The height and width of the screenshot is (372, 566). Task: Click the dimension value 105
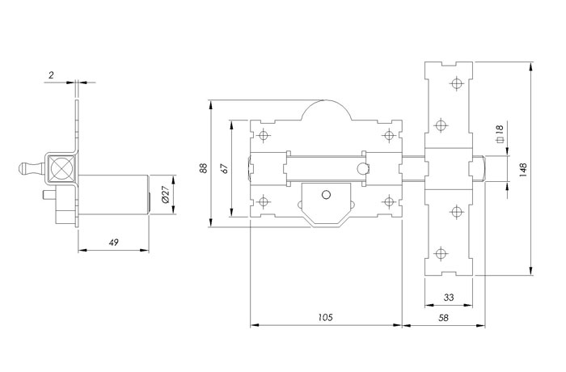(x=325, y=318)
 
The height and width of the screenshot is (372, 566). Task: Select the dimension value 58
(x=443, y=318)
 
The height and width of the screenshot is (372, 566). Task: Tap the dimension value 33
(x=449, y=298)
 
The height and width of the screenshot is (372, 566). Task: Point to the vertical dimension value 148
(x=522, y=169)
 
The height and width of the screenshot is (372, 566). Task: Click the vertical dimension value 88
(x=203, y=168)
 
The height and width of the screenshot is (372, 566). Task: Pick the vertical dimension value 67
(x=224, y=169)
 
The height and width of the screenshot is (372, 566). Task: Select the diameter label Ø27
(x=165, y=195)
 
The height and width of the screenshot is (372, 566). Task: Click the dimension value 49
(x=114, y=243)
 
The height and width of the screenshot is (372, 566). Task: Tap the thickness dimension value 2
(x=51, y=75)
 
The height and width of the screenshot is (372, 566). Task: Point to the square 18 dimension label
(x=500, y=133)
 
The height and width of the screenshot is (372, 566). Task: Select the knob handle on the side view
(x=31, y=168)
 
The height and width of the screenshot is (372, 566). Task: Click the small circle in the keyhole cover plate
(x=326, y=195)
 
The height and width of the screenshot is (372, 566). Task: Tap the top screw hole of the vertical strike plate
(x=457, y=84)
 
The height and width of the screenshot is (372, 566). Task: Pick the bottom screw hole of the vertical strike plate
(x=440, y=254)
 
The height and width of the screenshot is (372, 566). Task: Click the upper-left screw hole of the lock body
(x=264, y=136)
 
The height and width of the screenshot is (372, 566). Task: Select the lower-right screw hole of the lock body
(x=388, y=201)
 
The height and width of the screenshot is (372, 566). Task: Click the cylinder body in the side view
(x=113, y=195)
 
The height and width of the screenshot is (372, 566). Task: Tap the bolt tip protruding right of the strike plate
(x=479, y=168)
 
